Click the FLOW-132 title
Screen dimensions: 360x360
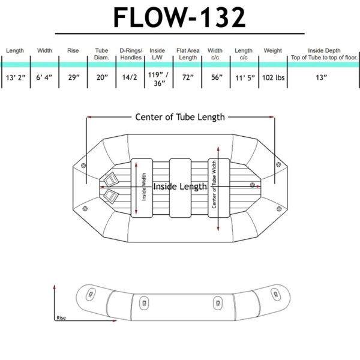[179, 17]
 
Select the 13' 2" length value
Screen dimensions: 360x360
[14, 77]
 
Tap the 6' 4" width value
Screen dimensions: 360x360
[45, 77]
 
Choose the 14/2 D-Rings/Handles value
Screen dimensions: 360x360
[130, 77]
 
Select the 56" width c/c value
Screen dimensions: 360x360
[215, 77]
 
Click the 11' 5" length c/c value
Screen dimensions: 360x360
[244, 77]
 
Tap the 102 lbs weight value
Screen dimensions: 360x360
[272, 77]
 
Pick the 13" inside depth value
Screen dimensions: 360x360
[323, 77]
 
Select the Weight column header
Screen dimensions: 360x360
[272, 51]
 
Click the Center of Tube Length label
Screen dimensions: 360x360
[180, 117]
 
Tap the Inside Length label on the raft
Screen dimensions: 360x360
[181, 187]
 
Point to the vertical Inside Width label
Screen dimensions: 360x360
[145, 188]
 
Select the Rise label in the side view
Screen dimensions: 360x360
[61, 317]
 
